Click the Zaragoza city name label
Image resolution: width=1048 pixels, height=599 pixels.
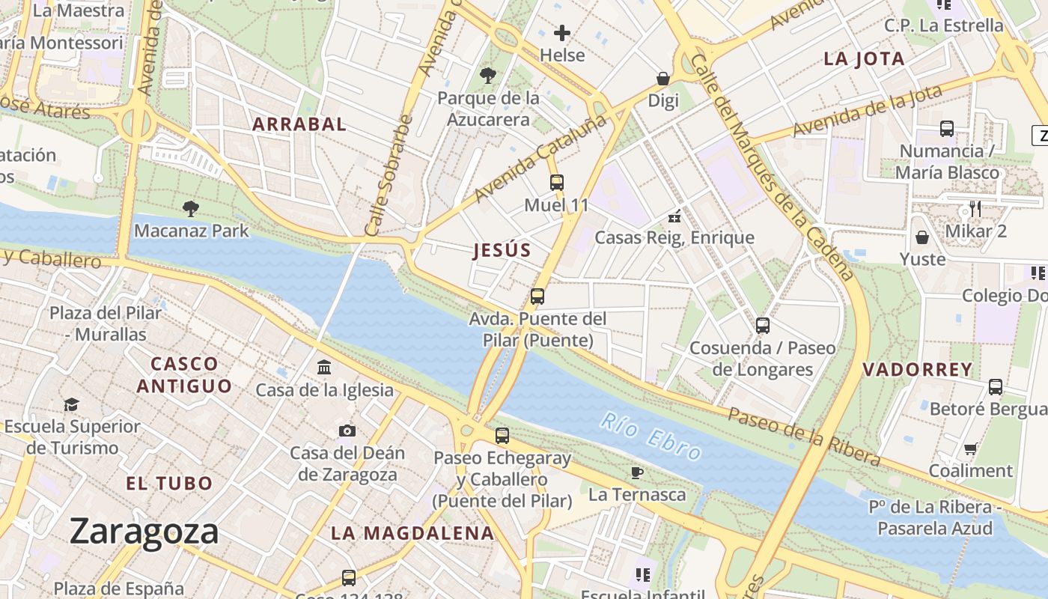pyautogui.click(x=144, y=532)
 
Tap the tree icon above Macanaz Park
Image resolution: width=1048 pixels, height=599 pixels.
pyautogui.click(x=191, y=208)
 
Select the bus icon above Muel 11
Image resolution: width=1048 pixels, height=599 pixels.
pyautogui.click(x=556, y=182)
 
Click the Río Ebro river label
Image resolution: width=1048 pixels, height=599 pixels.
pyautogui.click(x=651, y=437)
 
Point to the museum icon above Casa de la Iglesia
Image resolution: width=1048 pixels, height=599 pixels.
pyautogui.click(x=324, y=367)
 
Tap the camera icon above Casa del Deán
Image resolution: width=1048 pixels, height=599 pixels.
pyautogui.click(x=347, y=431)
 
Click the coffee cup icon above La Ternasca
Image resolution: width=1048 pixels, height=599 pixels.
pyautogui.click(x=636, y=472)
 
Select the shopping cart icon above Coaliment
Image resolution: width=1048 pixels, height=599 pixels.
pyautogui.click(x=970, y=449)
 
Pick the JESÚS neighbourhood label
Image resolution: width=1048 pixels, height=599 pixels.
pyautogui.click(x=502, y=251)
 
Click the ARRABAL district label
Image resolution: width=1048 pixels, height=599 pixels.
pyautogui.click(x=299, y=124)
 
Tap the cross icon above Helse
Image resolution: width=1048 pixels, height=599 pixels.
pyautogui.click(x=561, y=33)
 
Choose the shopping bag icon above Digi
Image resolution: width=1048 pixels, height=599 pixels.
pyautogui.click(x=662, y=79)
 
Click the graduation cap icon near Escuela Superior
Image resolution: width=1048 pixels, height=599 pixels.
pyautogui.click(x=71, y=404)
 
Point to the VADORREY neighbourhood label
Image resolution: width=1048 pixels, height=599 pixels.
pyautogui.click(x=918, y=369)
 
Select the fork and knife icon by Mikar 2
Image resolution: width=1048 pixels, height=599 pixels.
pyautogui.click(x=975, y=208)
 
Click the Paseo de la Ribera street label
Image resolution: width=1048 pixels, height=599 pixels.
pyautogui.click(x=804, y=436)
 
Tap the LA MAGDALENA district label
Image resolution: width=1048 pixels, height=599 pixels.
pyautogui.click(x=412, y=533)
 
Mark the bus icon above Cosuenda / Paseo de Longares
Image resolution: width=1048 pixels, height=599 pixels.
pyautogui.click(x=762, y=326)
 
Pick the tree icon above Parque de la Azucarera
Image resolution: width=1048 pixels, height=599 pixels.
pyautogui.click(x=488, y=75)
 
